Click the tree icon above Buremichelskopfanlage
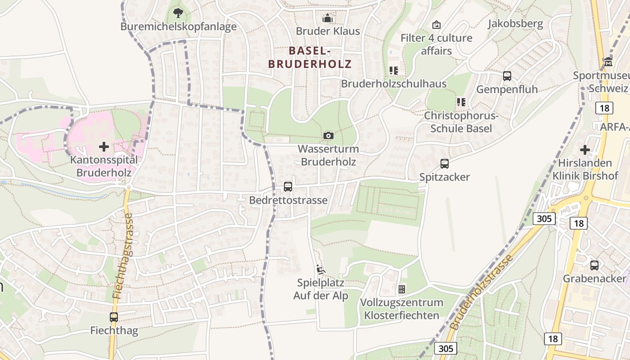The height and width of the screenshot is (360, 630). click(x=178, y=12)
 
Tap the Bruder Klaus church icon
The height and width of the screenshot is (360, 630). click(x=328, y=18)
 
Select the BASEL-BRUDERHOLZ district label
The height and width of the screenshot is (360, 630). click(x=310, y=57)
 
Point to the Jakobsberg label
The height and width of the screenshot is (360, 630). click(x=515, y=23)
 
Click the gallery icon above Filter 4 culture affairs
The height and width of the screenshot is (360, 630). click(x=436, y=25)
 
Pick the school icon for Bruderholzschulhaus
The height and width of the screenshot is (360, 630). click(x=394, y=71)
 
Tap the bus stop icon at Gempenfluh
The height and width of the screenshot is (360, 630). click(x=507, y=76)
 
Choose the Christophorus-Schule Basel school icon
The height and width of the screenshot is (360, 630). click(x=461, y=102)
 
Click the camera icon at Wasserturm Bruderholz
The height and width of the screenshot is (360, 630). click(x=328, y=135)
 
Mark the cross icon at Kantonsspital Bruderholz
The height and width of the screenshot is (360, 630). click(x=104, y=147)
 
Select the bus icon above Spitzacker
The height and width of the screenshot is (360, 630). click(x=445, y=164)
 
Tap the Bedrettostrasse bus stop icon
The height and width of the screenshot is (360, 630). click(x=288, y=187)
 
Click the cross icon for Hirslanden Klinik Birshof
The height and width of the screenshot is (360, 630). click(x=585, y=150)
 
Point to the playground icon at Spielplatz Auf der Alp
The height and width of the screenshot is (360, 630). click(x=321, y=270)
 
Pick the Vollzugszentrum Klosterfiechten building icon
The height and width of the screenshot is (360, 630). click(x=402, y=289)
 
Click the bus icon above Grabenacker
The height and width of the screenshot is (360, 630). click(x=594, y=265)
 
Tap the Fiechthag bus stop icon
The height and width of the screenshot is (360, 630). click(x=114, y=317)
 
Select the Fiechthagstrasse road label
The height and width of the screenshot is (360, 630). click(x=123, y=256)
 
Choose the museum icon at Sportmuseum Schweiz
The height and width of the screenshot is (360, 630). click(x=608, y=62)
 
